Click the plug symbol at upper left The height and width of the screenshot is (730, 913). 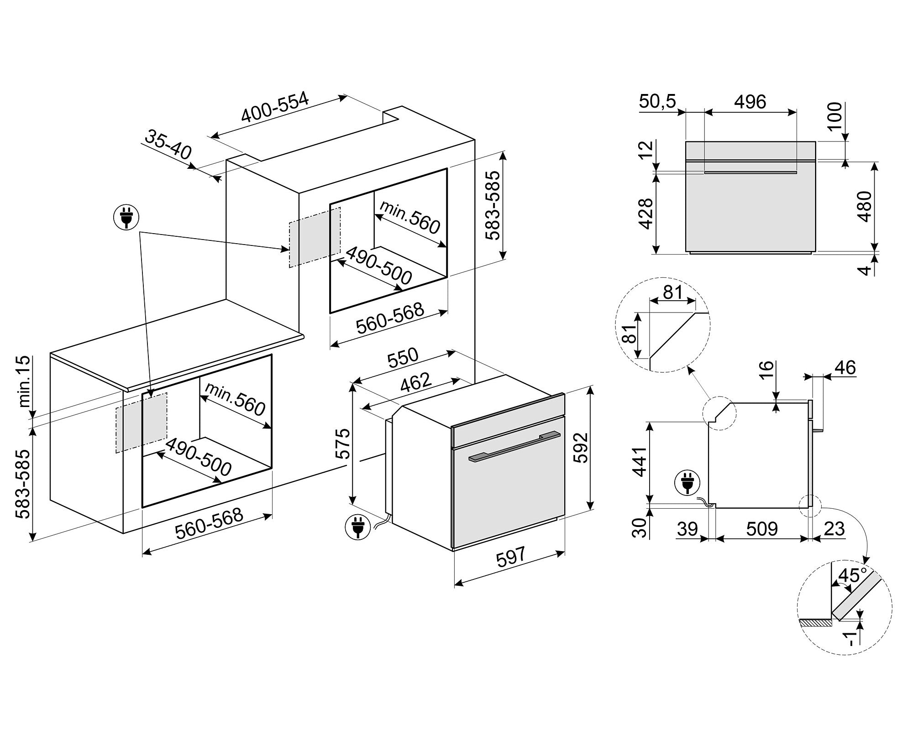[x=126, y=218]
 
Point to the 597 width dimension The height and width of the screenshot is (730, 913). [x=511, y=558]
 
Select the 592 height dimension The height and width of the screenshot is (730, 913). [x=580, y=447]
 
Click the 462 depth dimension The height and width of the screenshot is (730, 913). [x=415, y=383]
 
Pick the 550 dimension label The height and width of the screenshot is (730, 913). [x=403, y=358]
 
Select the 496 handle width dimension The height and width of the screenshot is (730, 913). [x=750, y=101]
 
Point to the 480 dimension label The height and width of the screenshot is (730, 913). [x=864, y=206]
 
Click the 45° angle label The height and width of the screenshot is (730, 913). [x=848, y=576]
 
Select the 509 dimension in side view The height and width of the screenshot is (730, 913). [x=762, y=529]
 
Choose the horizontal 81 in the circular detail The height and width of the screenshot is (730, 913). [x=672, y=292]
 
